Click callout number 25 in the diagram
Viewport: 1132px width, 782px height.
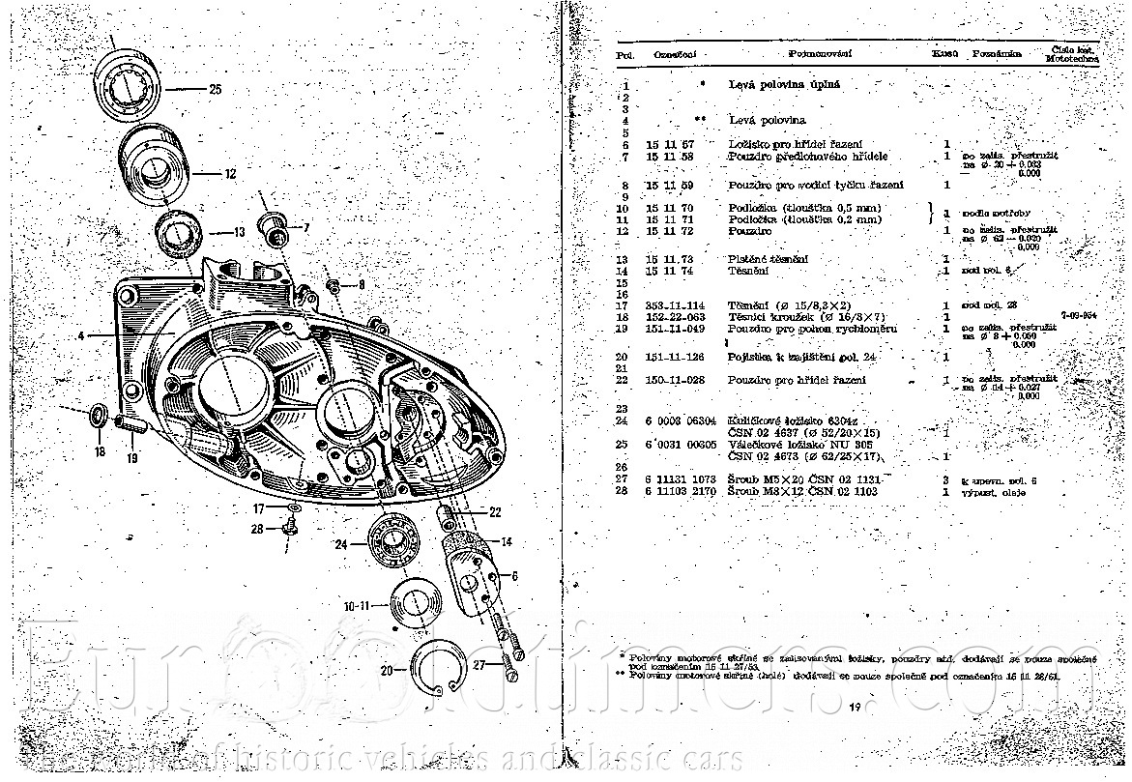click(x=215, y=89)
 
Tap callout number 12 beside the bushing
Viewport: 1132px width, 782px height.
click(x=229, y=175)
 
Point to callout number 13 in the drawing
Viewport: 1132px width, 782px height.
click(x=239, y=232)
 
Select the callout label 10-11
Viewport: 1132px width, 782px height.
click(x=358, y=607)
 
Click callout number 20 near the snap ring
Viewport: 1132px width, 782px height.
click(x=387, y=670)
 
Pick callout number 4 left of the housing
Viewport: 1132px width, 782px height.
click(x=82, y=335)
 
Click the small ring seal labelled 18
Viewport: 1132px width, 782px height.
click(x=99, y=417)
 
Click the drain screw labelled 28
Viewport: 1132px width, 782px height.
click(x=290, y=527)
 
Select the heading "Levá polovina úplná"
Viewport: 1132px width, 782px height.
click(x=783, y=85)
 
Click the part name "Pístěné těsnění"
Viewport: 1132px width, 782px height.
click(x=768, y=260)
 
